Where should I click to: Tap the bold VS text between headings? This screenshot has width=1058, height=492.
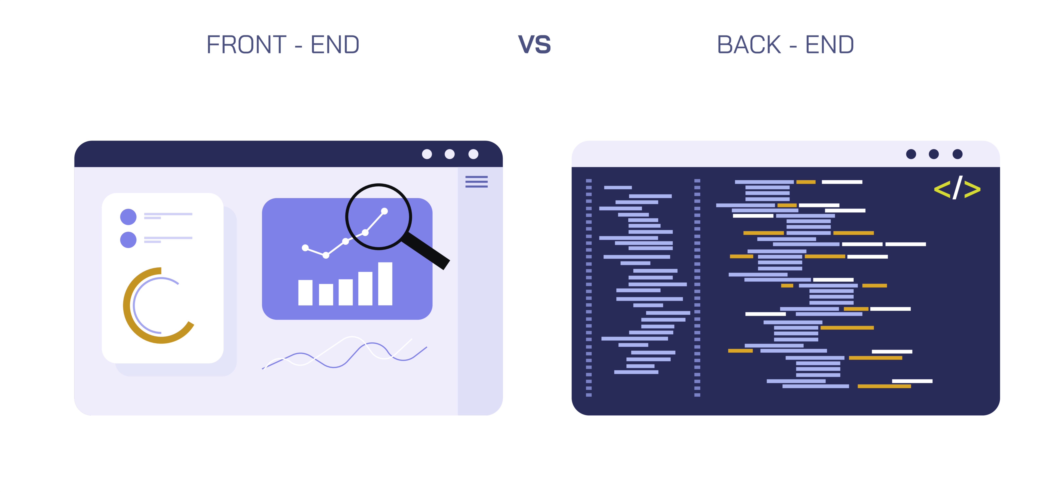click(534, 45)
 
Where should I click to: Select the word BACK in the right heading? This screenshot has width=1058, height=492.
click(749, 45)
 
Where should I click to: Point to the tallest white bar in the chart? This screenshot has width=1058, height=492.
click(385, 284)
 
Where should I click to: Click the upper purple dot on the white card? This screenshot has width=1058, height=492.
click(128, 217)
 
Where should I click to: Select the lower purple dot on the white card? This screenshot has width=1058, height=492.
click(128, 240)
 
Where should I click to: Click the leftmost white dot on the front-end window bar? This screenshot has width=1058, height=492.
click(427, 154)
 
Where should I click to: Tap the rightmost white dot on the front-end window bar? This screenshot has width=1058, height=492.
click(474, 154)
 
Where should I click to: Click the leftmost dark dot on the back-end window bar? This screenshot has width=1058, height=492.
click(911, 154)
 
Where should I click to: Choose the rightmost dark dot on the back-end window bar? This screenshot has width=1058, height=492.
click(957, 154)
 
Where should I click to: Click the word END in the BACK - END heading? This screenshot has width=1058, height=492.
click(830, 45)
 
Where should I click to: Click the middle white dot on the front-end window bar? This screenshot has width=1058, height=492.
click(450, 154)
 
